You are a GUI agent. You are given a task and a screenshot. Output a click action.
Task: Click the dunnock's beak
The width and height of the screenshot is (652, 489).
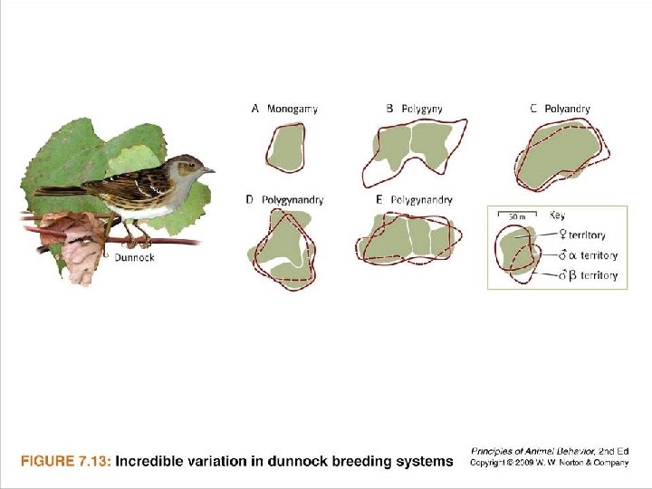pyautogui.click(x=209, y=169)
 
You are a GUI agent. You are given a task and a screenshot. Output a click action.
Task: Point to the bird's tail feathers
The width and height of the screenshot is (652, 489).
pyautogui.click(x=59, y=191)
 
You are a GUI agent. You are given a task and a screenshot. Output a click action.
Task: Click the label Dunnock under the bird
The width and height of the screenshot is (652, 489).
pyautogui.click(x=134, y=257)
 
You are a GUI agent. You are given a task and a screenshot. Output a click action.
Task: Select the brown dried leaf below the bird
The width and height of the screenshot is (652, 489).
pyautogui.click(x=72, y=244)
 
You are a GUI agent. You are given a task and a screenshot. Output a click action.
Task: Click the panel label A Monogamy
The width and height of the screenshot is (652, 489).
pyautogui.click(x=284, y=109)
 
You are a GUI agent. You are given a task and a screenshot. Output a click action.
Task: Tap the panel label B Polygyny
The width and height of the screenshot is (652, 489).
pyautogui.click(x=414, y=109)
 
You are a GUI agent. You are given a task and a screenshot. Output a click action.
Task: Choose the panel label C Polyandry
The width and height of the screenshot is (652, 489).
pyautogui.click(x=560, y=109)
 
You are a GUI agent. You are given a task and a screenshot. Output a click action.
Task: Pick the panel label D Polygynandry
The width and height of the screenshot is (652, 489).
pyautogui.click(x=284, y=199)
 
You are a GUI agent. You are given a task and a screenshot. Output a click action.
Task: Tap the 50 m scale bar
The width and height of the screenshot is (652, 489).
pyautogui.click(x=516, y=218)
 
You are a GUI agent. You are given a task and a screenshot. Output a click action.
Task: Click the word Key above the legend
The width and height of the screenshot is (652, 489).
pyautogui.click(x=558, y=216)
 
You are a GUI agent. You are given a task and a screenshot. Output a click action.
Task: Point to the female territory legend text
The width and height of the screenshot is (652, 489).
pyautogui.click(x=586, y=235)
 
